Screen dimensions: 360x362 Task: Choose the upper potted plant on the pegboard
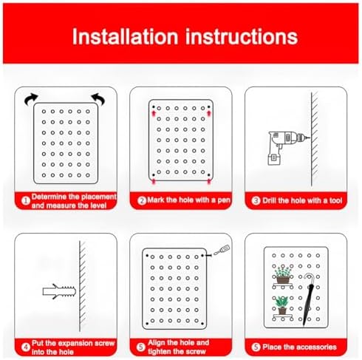(281, 275)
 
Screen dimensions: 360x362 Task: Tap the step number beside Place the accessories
(257, 346)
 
